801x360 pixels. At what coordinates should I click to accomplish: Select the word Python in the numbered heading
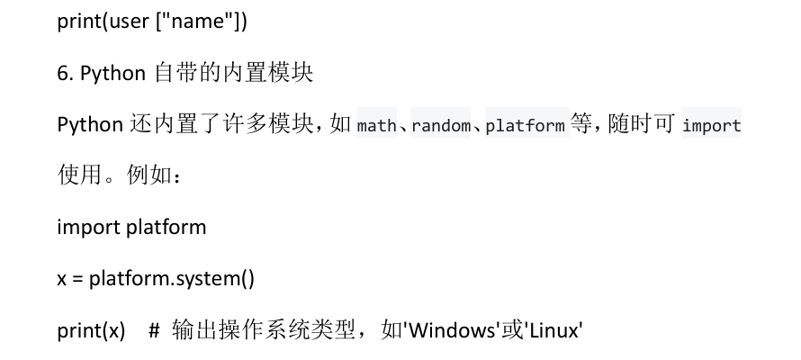112,74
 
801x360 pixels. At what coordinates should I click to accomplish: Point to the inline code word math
376,126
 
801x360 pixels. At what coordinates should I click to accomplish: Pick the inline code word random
440,126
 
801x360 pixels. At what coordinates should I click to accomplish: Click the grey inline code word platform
525,126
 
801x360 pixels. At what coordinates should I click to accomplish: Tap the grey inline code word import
711,126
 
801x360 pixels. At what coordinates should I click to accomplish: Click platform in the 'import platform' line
166,228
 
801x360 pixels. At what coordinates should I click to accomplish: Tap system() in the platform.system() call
220,279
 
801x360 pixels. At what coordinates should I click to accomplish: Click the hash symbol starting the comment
153,331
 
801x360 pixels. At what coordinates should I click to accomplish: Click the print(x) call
91,331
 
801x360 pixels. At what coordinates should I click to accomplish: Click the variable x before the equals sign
62,279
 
